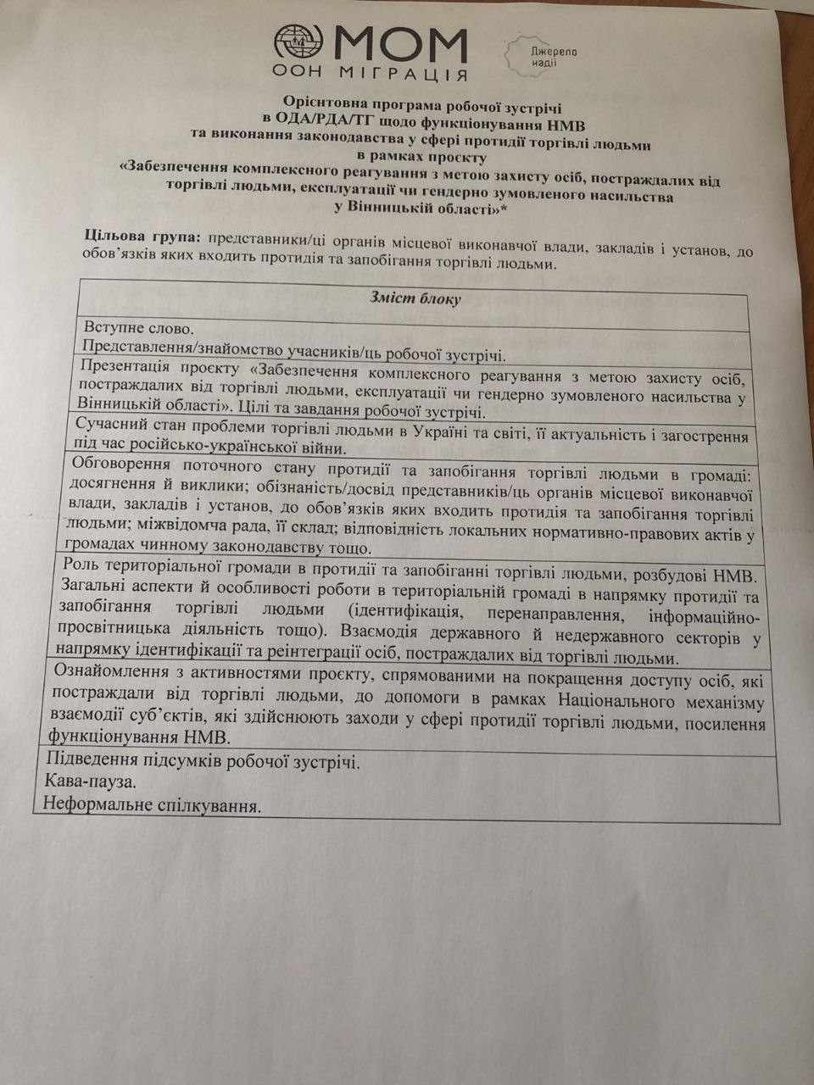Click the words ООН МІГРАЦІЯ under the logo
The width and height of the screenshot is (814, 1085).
point(370,74)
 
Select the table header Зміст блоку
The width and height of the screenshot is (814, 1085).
point(415,298)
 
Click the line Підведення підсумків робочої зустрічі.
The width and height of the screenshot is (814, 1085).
point(202,760)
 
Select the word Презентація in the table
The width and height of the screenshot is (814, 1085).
point(124,368)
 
